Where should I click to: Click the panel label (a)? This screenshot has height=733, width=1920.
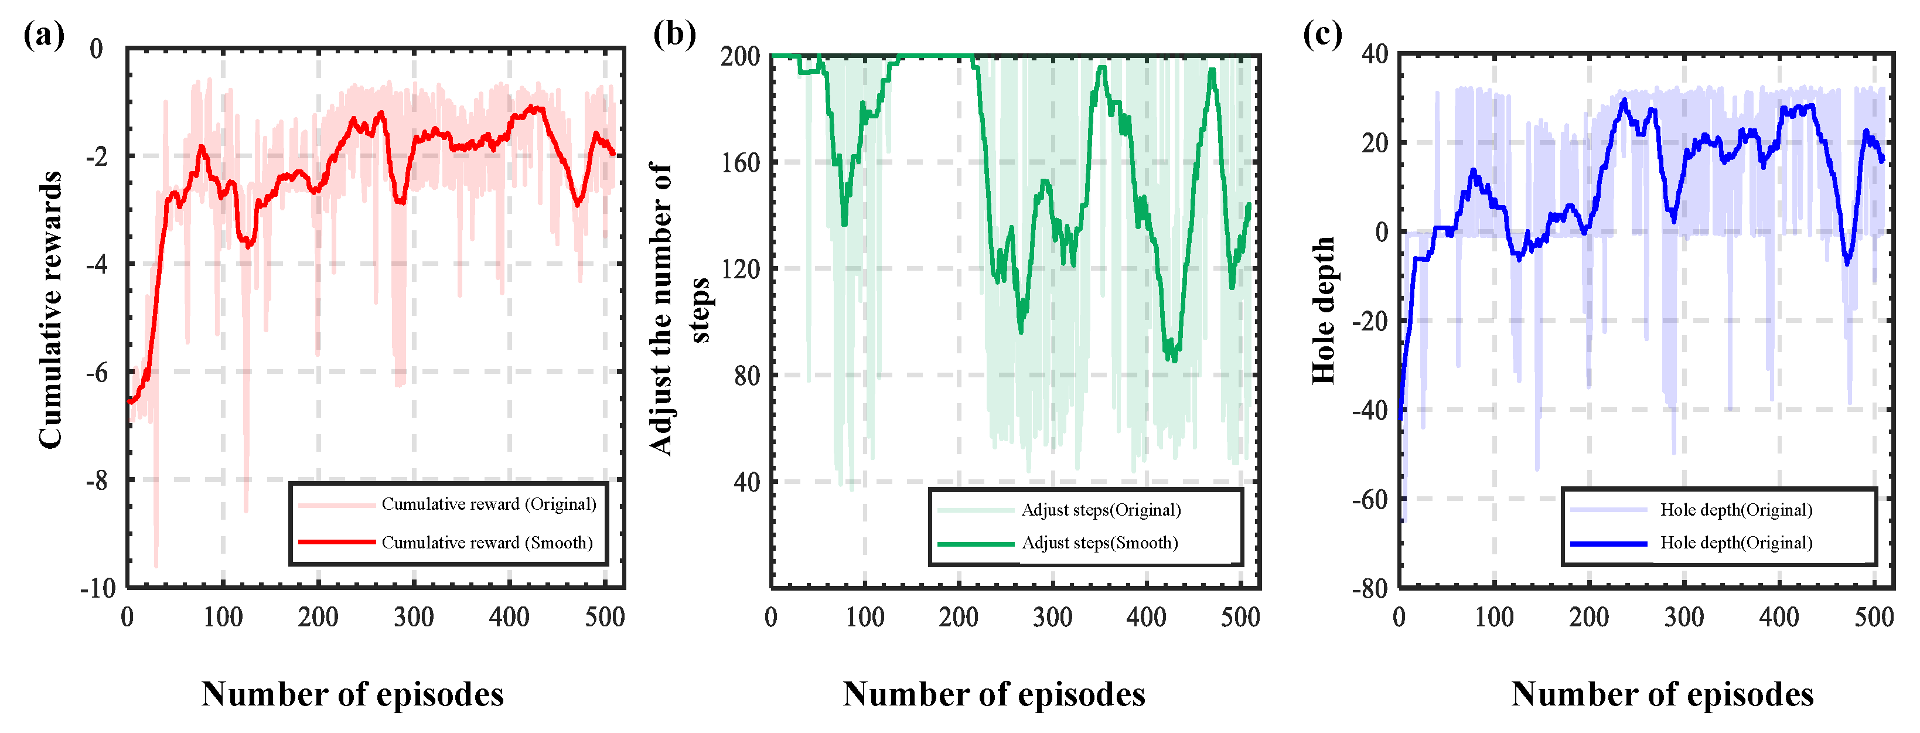[44, 35]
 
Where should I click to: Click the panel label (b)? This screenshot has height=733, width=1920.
[674, 35]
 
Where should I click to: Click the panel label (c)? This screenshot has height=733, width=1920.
[1322, 35]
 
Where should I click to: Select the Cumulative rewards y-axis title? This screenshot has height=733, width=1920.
[51, 309]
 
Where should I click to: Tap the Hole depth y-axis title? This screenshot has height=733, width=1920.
[1323, 309]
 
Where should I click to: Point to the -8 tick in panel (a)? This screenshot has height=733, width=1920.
[97, 480]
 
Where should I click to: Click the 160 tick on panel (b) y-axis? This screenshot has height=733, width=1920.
[740, 162]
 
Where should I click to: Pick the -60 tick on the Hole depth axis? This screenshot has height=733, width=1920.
[1370, 499]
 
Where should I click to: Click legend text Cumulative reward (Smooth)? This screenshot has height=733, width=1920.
[487, 543]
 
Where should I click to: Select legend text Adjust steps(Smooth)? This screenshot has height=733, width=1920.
[1099, 543]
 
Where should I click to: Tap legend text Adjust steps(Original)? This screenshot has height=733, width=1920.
[1101, 510]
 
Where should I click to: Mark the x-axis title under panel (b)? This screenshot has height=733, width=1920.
[994, 694]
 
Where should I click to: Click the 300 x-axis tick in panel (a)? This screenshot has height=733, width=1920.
[414, 618]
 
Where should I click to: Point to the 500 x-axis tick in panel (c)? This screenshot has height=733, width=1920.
[1873, 618]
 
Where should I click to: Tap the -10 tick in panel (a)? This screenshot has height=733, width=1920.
[98, 588]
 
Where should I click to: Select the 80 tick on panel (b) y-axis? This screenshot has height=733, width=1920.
[746, 376]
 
